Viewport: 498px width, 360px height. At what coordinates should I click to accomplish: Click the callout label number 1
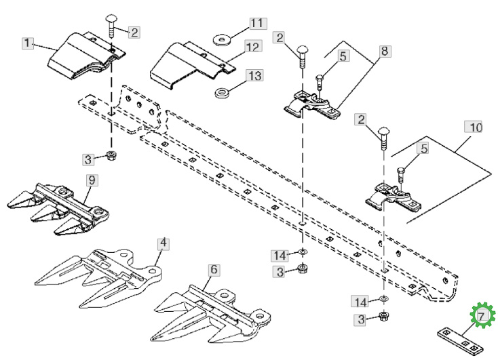(28, 43)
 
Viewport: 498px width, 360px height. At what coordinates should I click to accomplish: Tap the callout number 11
(258, 24)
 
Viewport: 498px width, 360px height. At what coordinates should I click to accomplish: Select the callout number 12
(253, 47)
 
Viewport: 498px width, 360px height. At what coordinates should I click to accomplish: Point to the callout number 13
(255, 76)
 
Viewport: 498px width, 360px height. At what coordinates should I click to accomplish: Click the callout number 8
(385, 51)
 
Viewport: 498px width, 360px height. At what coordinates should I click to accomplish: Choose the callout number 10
(474, 127)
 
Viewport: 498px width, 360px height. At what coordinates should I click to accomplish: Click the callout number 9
(92, 180)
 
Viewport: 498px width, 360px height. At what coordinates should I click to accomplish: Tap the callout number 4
(164, 243)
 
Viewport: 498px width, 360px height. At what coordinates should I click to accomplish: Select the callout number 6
(214, 270)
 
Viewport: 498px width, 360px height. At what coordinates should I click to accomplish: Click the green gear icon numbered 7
(482, 315)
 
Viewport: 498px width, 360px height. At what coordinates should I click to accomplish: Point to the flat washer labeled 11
(222, 40)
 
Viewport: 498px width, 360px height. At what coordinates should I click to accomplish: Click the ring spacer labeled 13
(222, 94)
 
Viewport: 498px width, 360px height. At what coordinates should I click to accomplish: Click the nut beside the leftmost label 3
(111, 156)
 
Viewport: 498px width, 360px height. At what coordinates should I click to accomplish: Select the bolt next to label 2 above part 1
(111, 26)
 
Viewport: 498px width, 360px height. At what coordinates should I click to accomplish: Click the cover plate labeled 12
(193, 66)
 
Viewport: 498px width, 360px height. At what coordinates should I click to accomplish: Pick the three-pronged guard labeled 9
(58, 208)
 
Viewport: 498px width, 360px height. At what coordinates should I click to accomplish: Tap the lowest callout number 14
(360, 301)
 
